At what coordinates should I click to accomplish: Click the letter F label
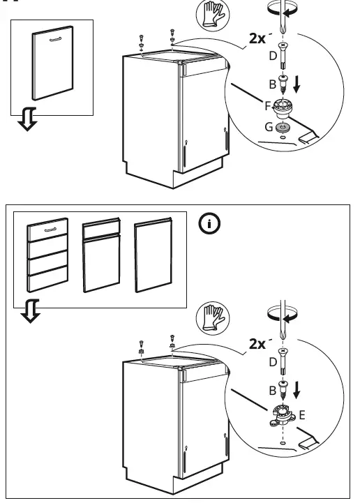[x=268, y=107]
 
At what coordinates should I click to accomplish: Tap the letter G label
[x=269, y=127]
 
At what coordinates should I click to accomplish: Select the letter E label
[x=302, y=415]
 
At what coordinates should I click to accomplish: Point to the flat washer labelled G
[x=283, y=128]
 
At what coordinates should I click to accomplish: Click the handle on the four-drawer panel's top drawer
[x=47, y=228]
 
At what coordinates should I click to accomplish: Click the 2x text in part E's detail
[x=257, y=343]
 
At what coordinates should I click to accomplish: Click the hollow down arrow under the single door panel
[x=26, y=121]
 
